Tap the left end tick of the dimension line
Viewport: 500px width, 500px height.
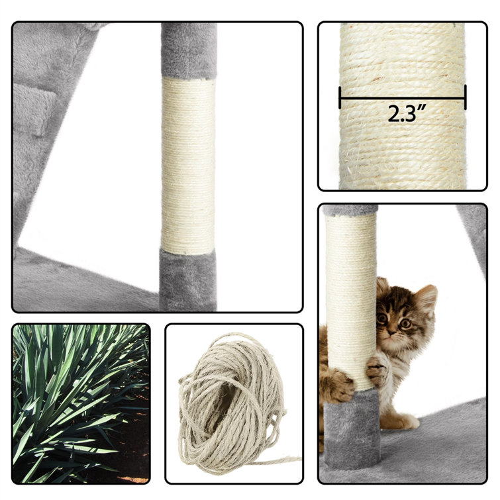click(340, 97)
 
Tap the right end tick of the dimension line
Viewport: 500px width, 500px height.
click(466, 97)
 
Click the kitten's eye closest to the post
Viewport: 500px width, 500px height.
click(382, 318)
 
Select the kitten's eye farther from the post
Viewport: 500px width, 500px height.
click(405, 324)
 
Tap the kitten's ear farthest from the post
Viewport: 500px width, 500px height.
click(426, 298)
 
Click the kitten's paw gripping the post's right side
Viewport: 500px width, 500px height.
click(377, 370)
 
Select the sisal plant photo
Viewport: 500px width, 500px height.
click(81, 403)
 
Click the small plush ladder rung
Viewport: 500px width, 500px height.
click(34, 109)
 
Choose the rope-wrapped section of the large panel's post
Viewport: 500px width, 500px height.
click(188, 166)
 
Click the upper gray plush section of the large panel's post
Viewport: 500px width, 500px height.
click(189, 51)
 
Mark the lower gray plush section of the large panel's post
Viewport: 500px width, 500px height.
click(187, 281)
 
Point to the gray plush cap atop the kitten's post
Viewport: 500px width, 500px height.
click(350, 210)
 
